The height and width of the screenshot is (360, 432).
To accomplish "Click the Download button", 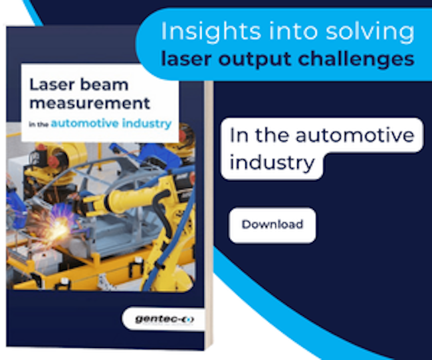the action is [272, 225].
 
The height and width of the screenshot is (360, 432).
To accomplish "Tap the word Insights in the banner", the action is [211, 32].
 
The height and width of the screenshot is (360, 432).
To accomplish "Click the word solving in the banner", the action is [370, 32].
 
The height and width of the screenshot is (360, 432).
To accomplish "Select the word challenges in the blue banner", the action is [356, 60].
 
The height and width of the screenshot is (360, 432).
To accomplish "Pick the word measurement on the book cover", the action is [90, 104].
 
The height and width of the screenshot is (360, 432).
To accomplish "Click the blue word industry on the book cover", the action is [147, 124].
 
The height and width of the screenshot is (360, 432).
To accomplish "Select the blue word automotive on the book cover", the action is [85, 124].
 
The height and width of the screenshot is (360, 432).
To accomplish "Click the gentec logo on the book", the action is [164, 319].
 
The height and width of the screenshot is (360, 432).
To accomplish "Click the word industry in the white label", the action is [272, 163].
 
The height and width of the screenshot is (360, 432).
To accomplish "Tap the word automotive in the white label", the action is [355, 135].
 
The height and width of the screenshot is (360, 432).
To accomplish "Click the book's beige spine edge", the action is [209, 215].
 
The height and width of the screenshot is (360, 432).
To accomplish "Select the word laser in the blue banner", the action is [187, 60].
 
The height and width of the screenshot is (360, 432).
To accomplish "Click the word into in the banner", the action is [293, 31].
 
